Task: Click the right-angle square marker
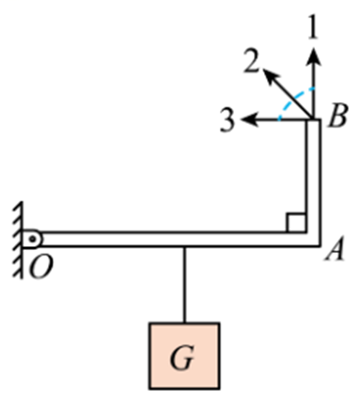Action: click(295, 223)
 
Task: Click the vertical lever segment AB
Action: click(314, 178)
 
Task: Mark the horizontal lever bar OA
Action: click(169, 240)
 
